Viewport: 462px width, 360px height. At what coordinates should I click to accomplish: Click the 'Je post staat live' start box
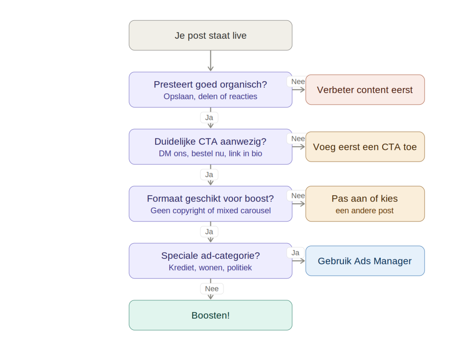click(210, 35)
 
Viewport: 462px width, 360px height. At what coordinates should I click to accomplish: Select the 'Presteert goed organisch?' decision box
click(210, 90)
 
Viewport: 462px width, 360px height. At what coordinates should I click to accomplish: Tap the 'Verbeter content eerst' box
click(365, 90)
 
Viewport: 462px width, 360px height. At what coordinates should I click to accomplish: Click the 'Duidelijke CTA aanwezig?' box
click(210, 147)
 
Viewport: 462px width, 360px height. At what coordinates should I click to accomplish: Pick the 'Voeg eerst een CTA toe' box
click(365, 147)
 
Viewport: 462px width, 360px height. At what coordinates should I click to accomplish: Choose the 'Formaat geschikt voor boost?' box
click(210, 204)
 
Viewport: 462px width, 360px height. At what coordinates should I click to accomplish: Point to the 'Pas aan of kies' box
click(365, 204)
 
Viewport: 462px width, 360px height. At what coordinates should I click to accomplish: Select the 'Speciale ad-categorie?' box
click(210, 261)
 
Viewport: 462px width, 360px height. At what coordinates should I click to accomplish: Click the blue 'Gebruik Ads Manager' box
click(365, 261)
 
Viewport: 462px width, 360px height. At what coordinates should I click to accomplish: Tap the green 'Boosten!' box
click(210, 315)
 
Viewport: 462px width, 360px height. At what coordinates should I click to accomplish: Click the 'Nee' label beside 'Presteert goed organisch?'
click(298, 82)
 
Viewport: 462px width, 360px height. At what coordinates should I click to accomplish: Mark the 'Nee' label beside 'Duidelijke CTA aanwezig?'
click(298, 138)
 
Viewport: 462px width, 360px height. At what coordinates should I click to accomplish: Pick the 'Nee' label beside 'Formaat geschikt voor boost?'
click(298, 196)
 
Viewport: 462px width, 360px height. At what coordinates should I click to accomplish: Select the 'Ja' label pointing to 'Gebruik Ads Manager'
click(295, 253)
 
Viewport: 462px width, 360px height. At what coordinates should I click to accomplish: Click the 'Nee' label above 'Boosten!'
click(211, 289)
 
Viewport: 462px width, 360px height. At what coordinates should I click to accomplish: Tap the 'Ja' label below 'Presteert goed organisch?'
click(209, 118)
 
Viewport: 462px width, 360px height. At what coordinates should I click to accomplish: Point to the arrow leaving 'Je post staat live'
click(210, 61)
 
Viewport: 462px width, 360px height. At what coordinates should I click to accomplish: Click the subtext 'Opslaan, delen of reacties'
click(210, 97)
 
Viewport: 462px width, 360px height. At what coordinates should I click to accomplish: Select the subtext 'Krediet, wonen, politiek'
click(210, 268)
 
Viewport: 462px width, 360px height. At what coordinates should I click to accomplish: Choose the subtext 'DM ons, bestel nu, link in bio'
click(210, 154)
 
